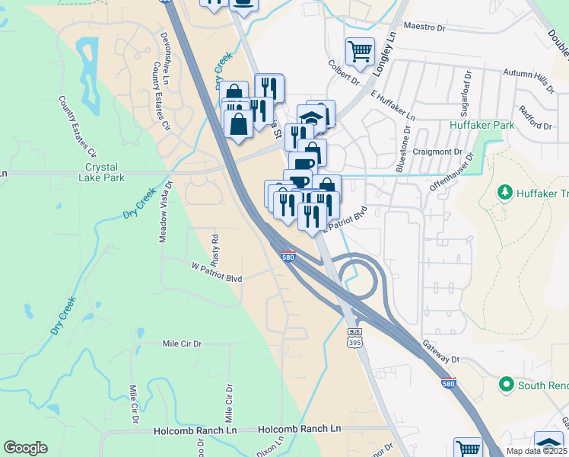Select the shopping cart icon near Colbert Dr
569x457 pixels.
tap(360, 52)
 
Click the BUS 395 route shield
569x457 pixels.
tap(354, 336)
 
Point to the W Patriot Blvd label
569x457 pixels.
tap(216, 278)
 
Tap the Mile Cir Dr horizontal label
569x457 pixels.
tap(182, 344)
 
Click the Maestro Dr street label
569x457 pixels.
tap(424, 27)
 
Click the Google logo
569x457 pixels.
tap(25, 448)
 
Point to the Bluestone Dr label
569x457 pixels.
tap(408, 144)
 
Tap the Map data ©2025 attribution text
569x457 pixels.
tap(536, 451)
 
